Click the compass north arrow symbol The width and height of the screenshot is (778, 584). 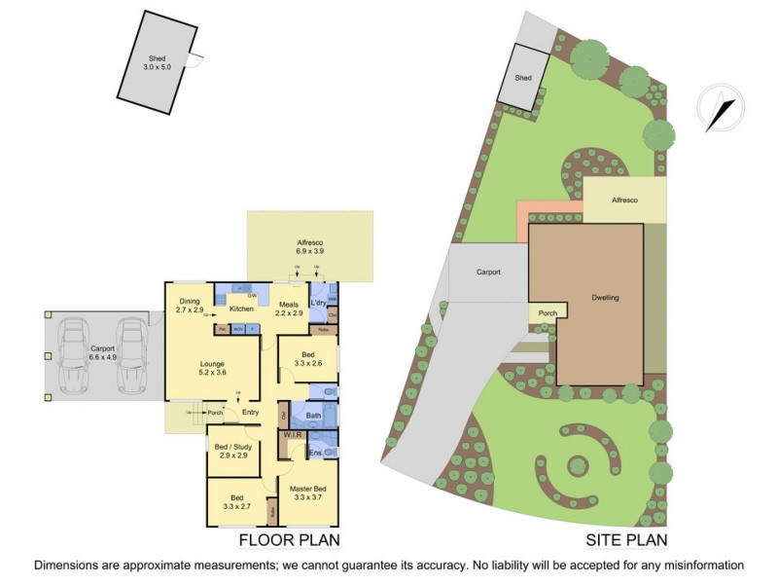(722, 107)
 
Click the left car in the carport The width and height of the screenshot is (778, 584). (72, 355)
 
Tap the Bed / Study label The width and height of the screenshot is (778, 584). (233, 452)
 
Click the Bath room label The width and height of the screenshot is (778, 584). (313, 417)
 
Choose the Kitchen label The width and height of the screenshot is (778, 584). (241, 310)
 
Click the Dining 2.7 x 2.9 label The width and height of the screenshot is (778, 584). (189, 306)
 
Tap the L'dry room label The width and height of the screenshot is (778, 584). (319, 304)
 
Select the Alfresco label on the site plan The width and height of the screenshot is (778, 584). (624, 200)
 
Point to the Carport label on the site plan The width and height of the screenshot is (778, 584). (487, 273)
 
